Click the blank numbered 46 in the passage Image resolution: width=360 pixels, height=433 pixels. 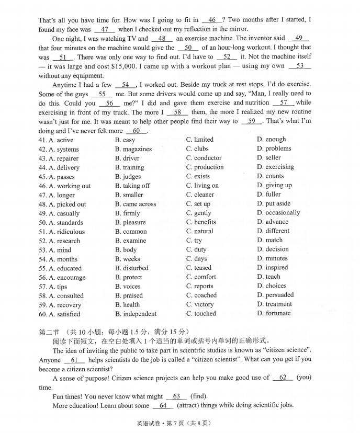212,20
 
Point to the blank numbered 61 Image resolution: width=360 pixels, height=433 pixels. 74,360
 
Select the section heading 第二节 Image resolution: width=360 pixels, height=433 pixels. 49,332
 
